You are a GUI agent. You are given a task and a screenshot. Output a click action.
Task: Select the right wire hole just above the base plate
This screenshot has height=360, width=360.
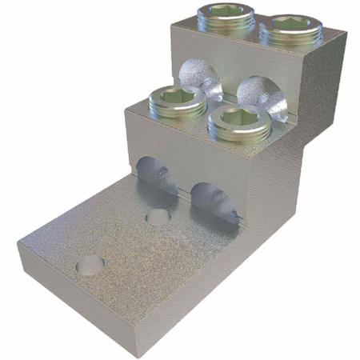click(x=210, y=192)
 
